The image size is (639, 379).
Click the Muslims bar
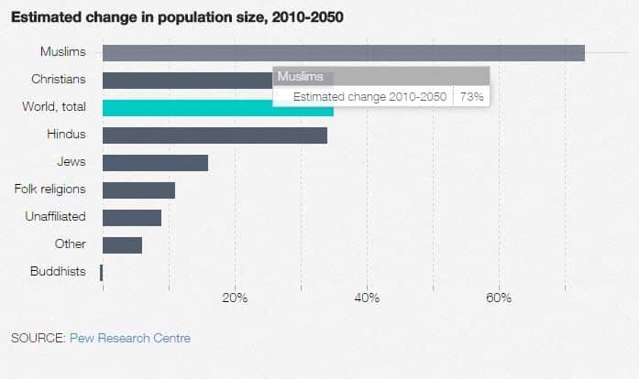(343, 53)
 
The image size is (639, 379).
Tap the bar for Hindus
(215, 135)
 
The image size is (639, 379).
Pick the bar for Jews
(155, 163)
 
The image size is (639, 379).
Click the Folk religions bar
(138, 190)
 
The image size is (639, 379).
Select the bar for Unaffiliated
(132, 218)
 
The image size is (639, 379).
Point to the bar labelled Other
(122, 245)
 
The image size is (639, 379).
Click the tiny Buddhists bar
(102, 272)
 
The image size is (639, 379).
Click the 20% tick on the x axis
(235, 298)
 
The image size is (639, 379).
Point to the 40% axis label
(367, 298)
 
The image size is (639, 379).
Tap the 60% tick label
(499, 298)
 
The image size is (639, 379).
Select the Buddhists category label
(58, 272)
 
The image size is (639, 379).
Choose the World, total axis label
(54, 107)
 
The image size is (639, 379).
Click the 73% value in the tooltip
(471, 96)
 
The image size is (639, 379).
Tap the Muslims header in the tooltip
(300, 77)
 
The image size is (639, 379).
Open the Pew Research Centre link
(130, 339)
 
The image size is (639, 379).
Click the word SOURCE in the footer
(38, 339)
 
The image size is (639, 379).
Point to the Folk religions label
(50, 189)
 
